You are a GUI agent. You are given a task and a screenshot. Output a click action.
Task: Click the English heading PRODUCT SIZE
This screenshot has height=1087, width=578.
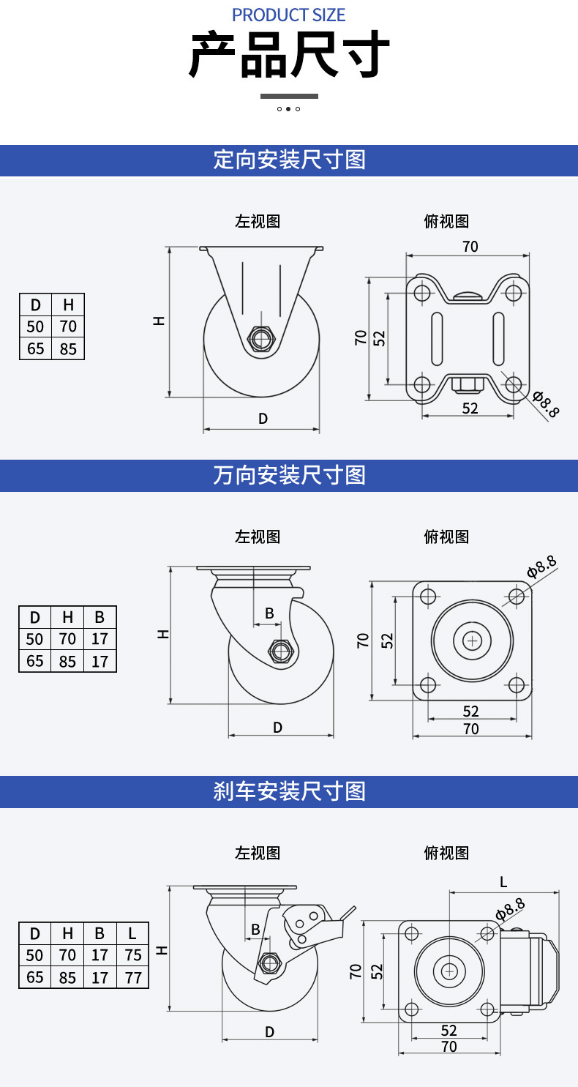288,15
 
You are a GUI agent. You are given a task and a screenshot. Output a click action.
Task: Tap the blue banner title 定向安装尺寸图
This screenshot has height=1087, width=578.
289,160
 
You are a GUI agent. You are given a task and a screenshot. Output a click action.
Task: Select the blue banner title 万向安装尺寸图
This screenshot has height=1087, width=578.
289,475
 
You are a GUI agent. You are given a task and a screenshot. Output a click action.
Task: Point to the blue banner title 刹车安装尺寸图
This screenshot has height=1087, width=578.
289,791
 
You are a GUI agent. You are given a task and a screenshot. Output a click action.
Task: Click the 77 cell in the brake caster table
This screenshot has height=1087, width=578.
132,977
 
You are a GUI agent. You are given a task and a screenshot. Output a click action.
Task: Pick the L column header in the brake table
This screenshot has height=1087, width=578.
132,933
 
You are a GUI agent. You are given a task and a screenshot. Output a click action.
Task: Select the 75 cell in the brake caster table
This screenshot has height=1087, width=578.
132,955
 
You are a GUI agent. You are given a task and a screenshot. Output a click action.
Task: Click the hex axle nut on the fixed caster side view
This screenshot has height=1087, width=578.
261,338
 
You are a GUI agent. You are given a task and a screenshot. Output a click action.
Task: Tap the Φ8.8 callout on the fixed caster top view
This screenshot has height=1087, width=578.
546,404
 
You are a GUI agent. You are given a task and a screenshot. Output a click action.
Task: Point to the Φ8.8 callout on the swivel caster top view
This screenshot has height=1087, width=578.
541,567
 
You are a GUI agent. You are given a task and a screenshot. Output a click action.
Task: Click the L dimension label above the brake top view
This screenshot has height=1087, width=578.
503,882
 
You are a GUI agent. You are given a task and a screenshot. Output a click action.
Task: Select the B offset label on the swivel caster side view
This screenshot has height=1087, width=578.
269,613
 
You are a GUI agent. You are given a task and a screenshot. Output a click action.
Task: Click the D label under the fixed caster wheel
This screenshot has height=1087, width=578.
263,418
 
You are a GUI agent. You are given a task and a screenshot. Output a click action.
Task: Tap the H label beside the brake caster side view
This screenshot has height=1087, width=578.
162,951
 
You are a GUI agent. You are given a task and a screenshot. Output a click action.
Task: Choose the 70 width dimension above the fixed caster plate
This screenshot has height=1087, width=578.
470,247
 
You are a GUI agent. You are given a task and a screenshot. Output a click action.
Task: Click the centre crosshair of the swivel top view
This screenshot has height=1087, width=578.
472,640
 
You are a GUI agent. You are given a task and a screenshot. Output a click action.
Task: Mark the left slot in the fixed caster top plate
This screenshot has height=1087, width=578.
437,339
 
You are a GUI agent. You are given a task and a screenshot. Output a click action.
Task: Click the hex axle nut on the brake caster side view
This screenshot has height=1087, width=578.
269,962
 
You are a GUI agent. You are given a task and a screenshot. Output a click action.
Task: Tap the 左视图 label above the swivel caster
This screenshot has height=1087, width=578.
258,537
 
